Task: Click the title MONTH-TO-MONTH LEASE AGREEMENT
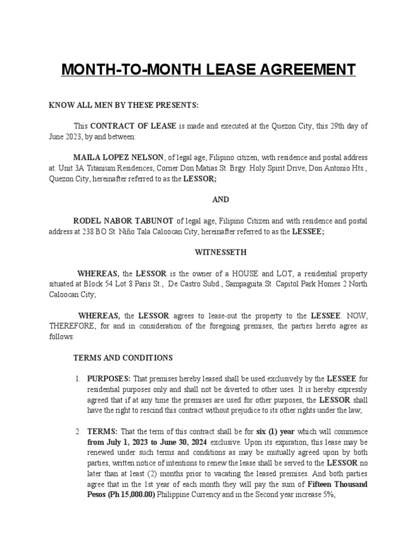pos(208,70)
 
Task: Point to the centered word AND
pos(220,199)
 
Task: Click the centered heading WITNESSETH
pos(220,252)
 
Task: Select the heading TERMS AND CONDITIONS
pos(123,358)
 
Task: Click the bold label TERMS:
pos(102,432)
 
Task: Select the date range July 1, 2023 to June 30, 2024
pos(155,442)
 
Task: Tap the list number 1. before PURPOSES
pos(78,379)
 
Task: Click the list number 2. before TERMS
pos(78,432)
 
